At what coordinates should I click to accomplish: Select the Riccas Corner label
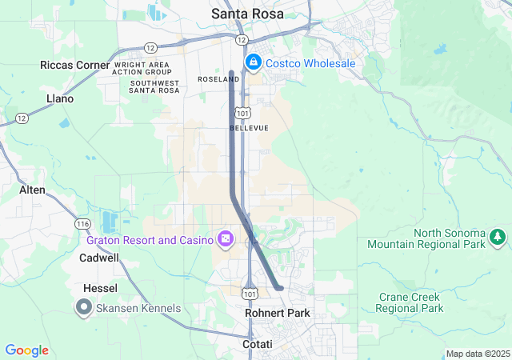pyautogui.click(x=75, y=65)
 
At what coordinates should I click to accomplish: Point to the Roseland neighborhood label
pyautogui.click(x=214, y=79)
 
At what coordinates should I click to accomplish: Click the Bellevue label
pyautogui.click(x=249, y=128)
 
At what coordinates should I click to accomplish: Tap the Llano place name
pyautogui.click(x=60, y=99)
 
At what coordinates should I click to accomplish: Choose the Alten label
pyautogui.click(x=33, y=190)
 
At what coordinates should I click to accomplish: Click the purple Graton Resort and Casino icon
pyautogui.click(x=226, y=239)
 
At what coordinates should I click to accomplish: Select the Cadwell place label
pyautogui.click(x=99, y=258)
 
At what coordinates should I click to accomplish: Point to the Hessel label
pyautogui.click(x=101, y=288)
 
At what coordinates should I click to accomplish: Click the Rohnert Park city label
pyautogui.click(x=277, y=313)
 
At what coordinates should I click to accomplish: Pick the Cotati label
pyautogui.click(x=258, y=344)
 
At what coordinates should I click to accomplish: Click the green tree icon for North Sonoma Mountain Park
pyautogui.click(x=498, y=237)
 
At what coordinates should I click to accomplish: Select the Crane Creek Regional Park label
pyautogui.click(x=410, y=302)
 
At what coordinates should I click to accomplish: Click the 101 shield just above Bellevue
pyautogui.click(x=242, y=114)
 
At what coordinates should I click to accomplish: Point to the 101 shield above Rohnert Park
pyautogui.click(x=250, y=294)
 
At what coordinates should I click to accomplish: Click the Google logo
pyautogui.click(x=26, y=350)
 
